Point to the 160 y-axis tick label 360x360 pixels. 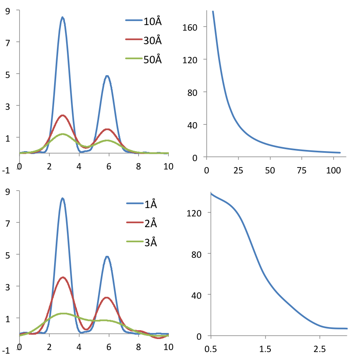pyautogui.click(x=189, y=27)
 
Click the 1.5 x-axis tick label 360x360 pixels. pyautogui.click(x=265, y=349)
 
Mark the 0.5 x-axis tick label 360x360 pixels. pyautogui.click(x=211, y=349)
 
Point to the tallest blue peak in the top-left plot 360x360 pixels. pyautogui.click(x=63, y=18)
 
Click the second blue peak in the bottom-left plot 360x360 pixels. pyautogui.click(x=107, y=257)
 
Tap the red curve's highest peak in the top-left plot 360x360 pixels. pyautogui.click(x=63, y=115)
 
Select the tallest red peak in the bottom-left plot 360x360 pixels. pyautogui.click(x=63, y=277)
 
